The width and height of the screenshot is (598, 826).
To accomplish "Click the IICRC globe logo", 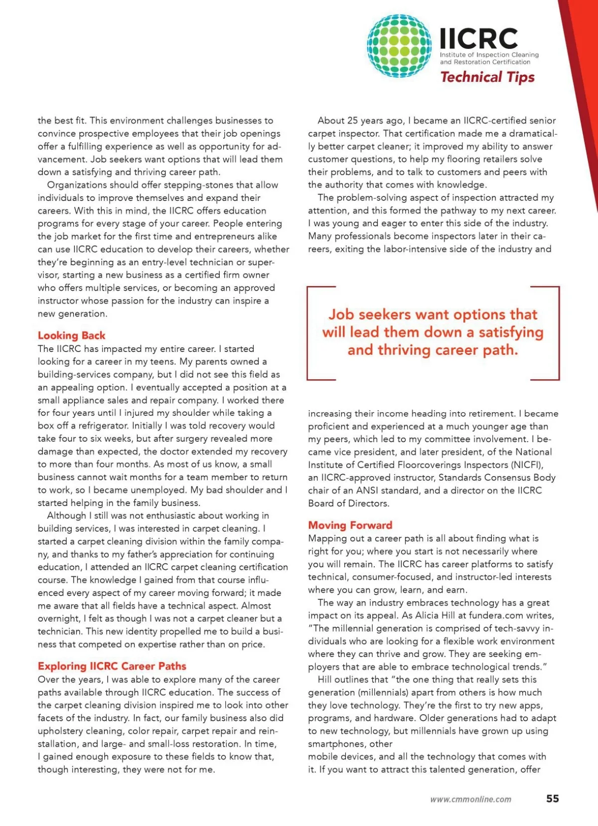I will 399,46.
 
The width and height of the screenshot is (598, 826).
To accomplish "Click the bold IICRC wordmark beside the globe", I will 479,38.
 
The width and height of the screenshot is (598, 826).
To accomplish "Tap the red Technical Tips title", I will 487,77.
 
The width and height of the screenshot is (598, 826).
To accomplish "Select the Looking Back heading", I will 72,335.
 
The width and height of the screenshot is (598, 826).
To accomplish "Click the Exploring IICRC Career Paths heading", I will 112,666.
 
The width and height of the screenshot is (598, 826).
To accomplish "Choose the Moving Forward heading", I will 350,525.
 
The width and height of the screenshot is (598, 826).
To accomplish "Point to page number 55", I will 552,799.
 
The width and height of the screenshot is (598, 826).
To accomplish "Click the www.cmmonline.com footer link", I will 471,799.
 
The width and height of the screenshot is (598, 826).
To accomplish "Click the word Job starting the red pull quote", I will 341,315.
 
